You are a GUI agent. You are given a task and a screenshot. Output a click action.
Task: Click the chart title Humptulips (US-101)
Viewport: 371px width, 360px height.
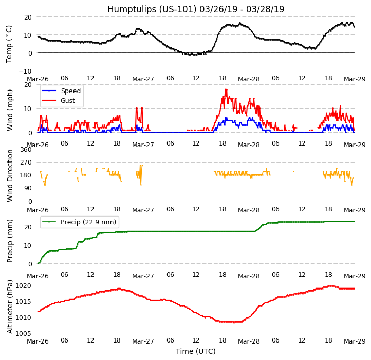(196, 9)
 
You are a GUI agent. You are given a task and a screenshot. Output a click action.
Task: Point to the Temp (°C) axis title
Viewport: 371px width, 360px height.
(9, 44)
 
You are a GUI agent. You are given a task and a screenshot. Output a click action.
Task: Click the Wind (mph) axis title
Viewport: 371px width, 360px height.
(10, 110)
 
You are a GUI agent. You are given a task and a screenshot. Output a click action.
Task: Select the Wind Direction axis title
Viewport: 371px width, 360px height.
(10, 175)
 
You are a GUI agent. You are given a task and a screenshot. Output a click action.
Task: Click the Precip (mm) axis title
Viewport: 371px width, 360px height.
(10, 241)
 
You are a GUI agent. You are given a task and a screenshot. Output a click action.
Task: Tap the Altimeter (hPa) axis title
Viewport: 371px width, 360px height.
(10, 307)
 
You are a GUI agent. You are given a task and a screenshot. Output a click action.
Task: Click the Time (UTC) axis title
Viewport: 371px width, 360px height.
(196, 351)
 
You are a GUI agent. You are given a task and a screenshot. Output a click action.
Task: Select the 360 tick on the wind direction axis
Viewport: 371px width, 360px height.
(26, 150)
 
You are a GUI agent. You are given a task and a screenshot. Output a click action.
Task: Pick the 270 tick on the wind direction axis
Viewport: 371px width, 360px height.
(26, 163)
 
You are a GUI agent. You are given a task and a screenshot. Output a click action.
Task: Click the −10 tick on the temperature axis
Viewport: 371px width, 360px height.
(26, 71)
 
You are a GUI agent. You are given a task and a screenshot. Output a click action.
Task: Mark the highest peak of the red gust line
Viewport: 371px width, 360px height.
(226, 90)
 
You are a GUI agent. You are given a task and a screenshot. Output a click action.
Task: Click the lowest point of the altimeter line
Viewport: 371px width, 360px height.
(234, 323)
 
